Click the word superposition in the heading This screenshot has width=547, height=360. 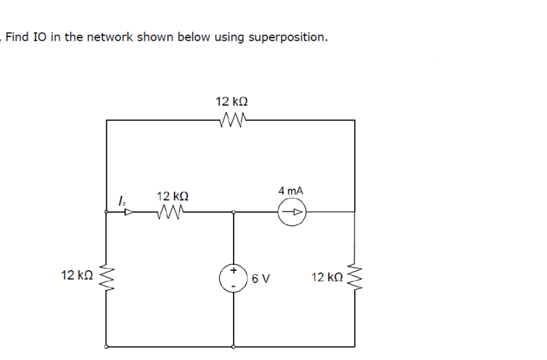(288, 37)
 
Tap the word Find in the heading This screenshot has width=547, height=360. (17, 37)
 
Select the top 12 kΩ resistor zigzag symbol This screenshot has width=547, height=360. (231, 119)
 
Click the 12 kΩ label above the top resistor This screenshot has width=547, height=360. (231, 101)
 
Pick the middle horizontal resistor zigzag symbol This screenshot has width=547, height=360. (171, 212)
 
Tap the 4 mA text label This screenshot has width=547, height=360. (291, 191)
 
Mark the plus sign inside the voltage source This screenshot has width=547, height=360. (233, 271)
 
